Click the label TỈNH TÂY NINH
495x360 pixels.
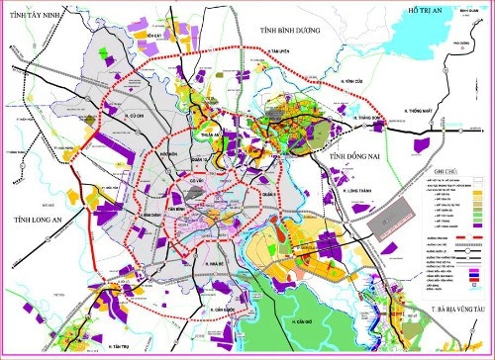pos(41,17)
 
